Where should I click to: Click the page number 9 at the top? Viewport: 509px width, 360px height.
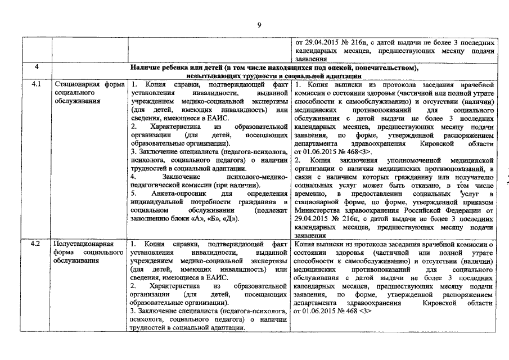(259, 24)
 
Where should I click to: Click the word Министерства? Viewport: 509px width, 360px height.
(319, 210)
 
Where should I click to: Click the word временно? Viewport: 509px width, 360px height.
(312, 193)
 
